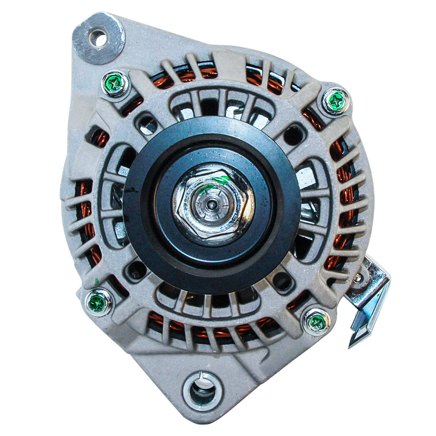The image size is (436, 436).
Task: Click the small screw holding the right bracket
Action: pos(358,278)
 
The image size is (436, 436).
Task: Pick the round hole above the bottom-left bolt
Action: pos(137,270)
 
